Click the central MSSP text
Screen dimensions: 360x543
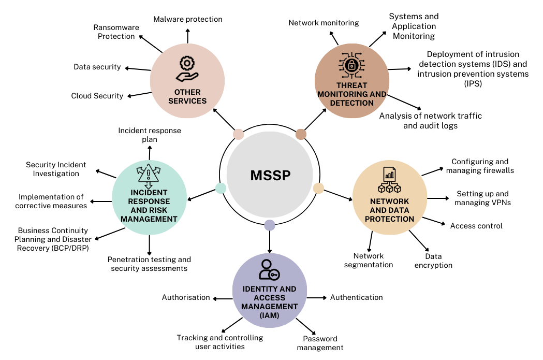pyautogui.click(x=270, y=175)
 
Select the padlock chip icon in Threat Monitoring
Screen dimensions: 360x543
pyautogui.click(x=351, y=66)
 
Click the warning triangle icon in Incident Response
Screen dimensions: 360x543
pyautogui.click(x=148, y=175)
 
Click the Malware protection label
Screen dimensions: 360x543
pyautogui.click(x=187, y=19)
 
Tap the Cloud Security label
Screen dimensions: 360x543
pyautogui.click(x=97, y=96)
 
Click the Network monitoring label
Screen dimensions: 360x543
pyautogui.click(x=324, y=23)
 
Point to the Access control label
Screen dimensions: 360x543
pyautogui.click(x=476, y=226)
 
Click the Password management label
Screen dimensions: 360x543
pyautogui.click(x=320, y=343)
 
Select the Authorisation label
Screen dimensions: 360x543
pyautogui.click(x=186, y=297)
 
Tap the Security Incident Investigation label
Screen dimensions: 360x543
pyautogui.click(x=56, y=169)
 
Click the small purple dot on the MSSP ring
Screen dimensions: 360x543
pyautogui.click(x=269, y=225)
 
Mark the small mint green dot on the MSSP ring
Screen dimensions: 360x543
pyautogui.click(x=221, y=188)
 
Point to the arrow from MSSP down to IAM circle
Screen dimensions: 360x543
pyautogui.click(x=269, y=241)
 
